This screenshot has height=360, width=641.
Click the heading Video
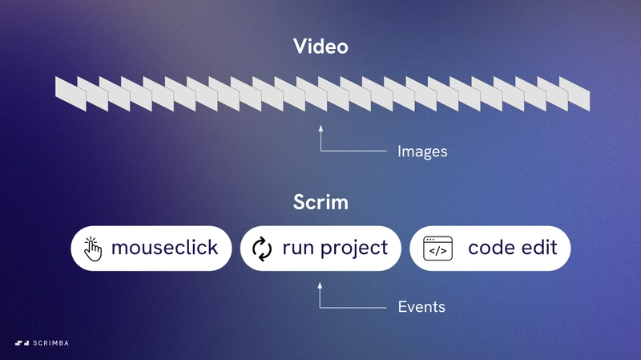(x=321, y=47)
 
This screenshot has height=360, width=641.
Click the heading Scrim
(x=321, y=202)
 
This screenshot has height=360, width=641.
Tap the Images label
(x=422, y=152)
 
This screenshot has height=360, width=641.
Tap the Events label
(x=421, y=307)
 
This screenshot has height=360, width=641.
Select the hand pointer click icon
(x=93, y=249)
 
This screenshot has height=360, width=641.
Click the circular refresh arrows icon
(x=262, y=249)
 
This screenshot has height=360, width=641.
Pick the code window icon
(x=437, y=249)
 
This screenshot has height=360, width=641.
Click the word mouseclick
(x=165, y=248)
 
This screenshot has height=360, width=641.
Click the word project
(x=354, y=249)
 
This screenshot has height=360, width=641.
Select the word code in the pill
(x=490, y=248)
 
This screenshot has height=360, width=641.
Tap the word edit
(x=538, y=248)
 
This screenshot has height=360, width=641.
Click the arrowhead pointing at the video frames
(x=321, y=128)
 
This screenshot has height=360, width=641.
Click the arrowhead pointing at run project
(x=320, y=285)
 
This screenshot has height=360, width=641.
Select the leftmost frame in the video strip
(x=71, y=94)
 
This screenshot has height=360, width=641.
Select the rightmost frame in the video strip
(x=574, y=94)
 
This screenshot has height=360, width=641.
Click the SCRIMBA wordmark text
(x=50, y=343)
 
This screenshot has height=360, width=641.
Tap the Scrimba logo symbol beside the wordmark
(x=22, y=343)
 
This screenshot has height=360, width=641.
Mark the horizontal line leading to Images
(x=353, y=151)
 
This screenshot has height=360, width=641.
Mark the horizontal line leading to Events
(x=353, y=308)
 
